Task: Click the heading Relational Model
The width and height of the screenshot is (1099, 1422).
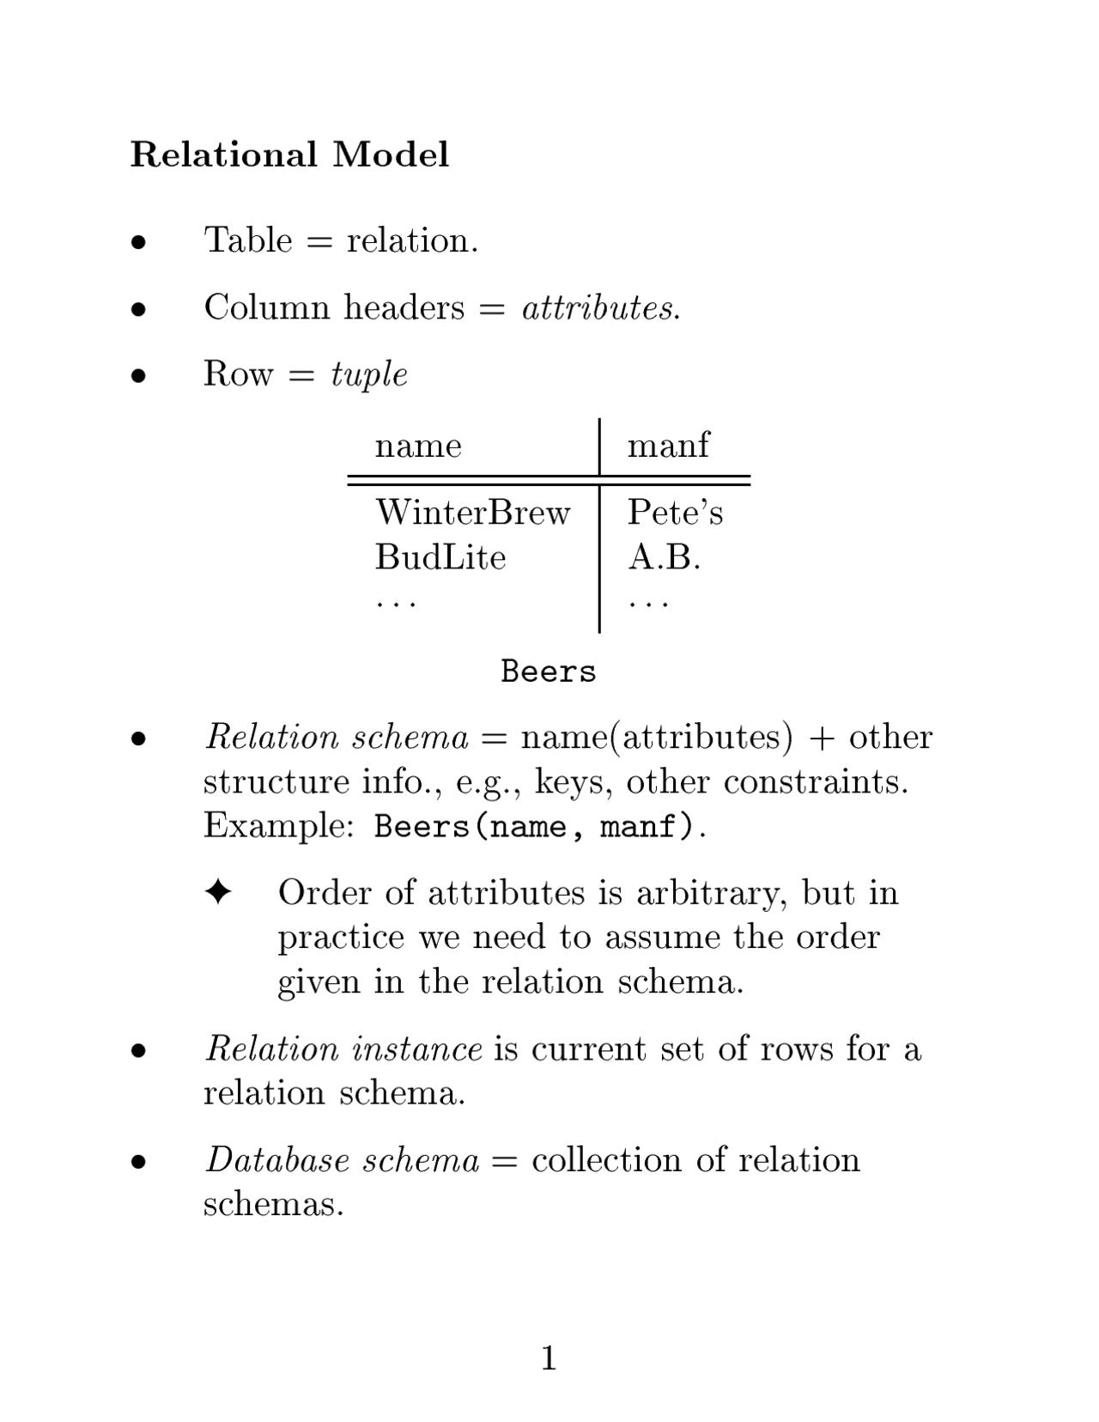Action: point(289,155)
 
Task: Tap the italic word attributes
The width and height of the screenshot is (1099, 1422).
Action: point(600,307)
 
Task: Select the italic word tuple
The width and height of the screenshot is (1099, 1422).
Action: point(369,374)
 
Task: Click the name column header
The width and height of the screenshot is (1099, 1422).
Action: point(418,446)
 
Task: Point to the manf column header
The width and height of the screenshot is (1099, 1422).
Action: point(668,445)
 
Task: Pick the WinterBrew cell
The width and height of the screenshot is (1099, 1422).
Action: point(472,513)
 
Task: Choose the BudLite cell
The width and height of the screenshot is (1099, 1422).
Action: point(440,557)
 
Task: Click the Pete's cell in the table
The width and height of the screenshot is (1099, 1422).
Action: point(675,513)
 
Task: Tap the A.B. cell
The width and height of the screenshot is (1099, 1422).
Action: point(664,557)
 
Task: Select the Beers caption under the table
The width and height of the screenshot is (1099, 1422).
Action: point(548,671)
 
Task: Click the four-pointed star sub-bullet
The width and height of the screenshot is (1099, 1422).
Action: point(218,892)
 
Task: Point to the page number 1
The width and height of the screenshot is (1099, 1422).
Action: point(549,1358)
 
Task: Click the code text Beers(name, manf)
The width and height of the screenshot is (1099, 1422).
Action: point(534,827)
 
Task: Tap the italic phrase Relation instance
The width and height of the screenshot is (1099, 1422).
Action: point(343,1048)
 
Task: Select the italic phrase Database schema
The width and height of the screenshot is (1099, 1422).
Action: point(342,1160)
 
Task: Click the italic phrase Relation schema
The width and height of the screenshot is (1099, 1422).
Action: point(337,738)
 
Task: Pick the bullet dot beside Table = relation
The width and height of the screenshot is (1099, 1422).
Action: point(138,242)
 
